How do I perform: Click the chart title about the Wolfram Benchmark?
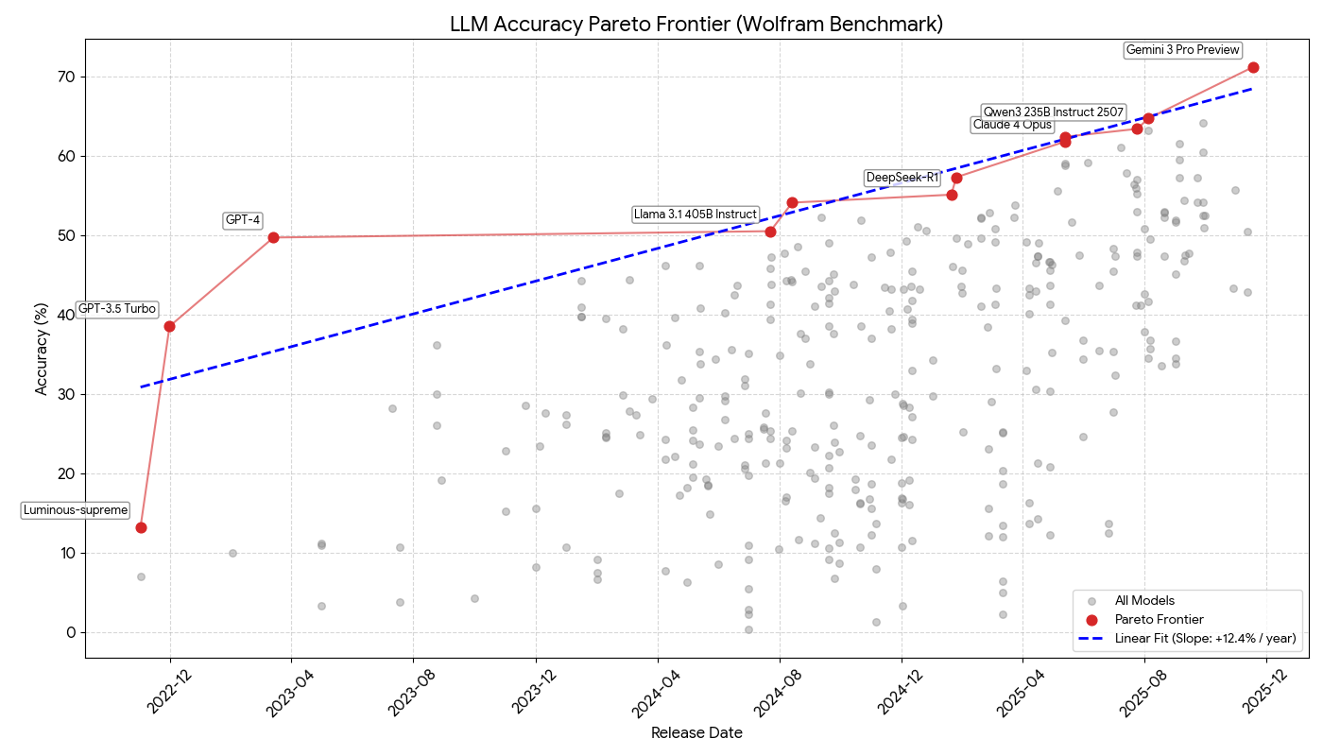(x=696, y=24)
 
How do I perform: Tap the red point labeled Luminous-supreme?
(x=141, y=527)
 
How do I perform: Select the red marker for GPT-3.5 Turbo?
(x=169, y=326)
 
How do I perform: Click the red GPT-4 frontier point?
(x=273, y=237)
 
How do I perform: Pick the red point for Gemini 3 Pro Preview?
(x=1253, y=67)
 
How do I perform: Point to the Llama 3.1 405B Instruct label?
(x=696, y=215)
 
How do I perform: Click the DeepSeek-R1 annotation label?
(x=902, y=178)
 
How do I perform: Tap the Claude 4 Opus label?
(x=1012, y=125)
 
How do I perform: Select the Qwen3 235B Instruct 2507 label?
(x=1054, y=112)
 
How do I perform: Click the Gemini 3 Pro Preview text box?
(x=1182, y=50)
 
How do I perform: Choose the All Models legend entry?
(x=1144, y=600)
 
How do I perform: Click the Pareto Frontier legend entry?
(x=1159, y=620)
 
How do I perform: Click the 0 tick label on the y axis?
(x=70, y=632)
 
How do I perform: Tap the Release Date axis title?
(x=696, y=733)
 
